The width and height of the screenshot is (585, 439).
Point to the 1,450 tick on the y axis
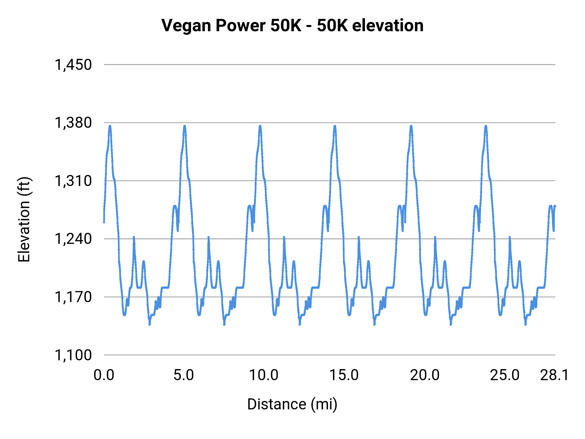click(x=73, y=65)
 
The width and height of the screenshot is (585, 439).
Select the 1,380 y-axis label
click(x=73, y=123)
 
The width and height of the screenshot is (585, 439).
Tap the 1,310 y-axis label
click(x=73, y=181)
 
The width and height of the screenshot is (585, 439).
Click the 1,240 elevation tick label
click(x=73, y=239)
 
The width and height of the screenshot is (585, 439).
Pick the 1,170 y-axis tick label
click(x=73, y=297)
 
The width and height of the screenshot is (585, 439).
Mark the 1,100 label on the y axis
click(x=73, y=355)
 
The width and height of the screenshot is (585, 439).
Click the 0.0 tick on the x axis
click(x=104, y=375)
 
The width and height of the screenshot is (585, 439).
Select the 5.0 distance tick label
click(x=184, y=375)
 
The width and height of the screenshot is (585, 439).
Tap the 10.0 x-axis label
click(x=264, y=375)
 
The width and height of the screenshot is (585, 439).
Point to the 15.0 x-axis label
click(x=344, y=375)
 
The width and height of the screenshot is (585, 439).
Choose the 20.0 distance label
click(x=424, y=375)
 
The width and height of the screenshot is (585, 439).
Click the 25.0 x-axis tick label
click(x=505, y=375)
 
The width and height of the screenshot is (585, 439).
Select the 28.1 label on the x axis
click(x=554, y=375)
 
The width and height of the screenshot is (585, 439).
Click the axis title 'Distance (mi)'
click(x=292, y=404)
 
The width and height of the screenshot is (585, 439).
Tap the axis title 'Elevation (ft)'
click(x=24, y=219)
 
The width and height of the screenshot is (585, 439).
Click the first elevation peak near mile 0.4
click(x=110, y=126)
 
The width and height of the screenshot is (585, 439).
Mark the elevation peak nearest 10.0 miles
click(x=260, y=126)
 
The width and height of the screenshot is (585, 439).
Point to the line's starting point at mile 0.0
click(x=104, y=222)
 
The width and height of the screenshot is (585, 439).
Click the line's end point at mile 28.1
click(x=555, y=206)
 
